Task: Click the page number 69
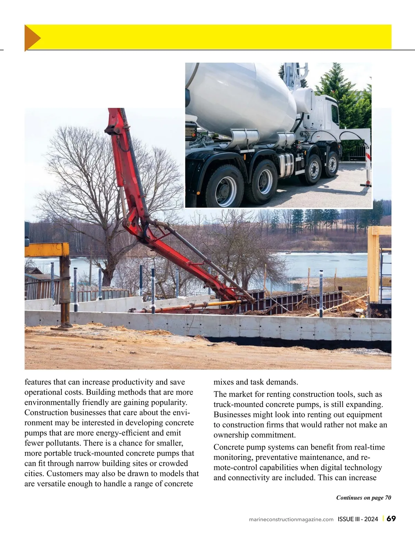(x=391, y=519)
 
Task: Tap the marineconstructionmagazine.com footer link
(x=291, y=519)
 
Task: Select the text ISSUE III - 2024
(x=358, y=519)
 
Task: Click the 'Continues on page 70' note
(x=363, y=498)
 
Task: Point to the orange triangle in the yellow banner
(x=32, y=38)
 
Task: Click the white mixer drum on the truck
(x=242, y=97)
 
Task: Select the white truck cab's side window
(x=334, y=111)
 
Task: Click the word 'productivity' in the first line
(x=133, y=382)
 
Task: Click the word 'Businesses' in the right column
(x=231, y=415)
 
